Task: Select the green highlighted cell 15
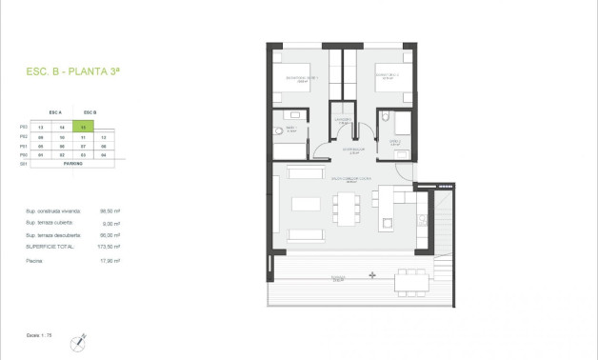pos(86,127)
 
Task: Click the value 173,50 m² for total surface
pos(110,246)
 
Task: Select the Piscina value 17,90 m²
pos(110,259)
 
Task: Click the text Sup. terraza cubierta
pos(50,223)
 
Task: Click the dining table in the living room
pos(345,204)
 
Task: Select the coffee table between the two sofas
pos(306,204)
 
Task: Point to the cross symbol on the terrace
pos(372,275)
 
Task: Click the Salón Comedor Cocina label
pos(349,178)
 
